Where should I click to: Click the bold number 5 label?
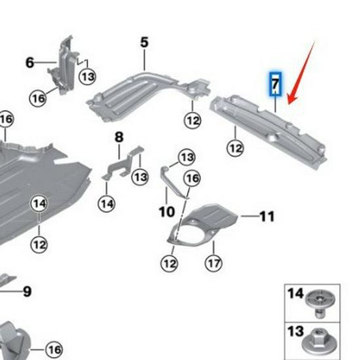(144, 43)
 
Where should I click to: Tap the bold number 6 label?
(30, 62)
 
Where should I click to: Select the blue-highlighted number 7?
(276, 84)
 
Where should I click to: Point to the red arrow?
(300, 73)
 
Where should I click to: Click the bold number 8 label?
(119, 137)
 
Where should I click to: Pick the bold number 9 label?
(27, 291)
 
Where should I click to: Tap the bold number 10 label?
(167, 211)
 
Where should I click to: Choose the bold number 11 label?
(267, 216)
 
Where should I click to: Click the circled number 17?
(213, 263)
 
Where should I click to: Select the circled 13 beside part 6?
(88, 76)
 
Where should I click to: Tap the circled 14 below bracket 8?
(107, 204)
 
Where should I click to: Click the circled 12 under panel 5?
(192, 120)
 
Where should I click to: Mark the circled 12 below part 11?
(170, 263)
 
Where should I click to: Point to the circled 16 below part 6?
(38, 98)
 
